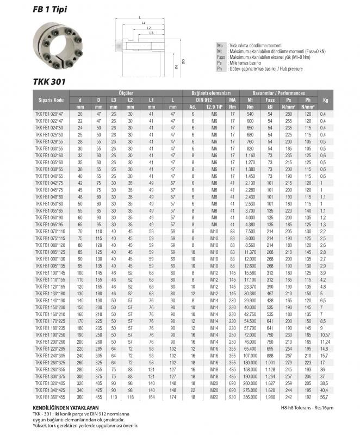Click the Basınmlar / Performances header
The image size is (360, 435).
[275, 94]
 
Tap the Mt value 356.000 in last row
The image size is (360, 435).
[251, 397]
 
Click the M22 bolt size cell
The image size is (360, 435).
[214, 397]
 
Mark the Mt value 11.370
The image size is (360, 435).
[251, 252]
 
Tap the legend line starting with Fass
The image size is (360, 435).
[261, 57]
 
